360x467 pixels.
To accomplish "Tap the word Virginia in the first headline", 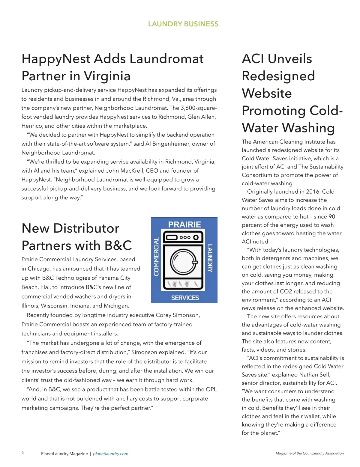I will coord(107,76).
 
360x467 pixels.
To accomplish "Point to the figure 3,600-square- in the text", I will coord(199,108).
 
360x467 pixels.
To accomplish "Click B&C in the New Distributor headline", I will coord(118,245).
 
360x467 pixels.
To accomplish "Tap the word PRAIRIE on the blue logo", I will coord(184,224).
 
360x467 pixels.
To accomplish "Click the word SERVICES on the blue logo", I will coord(185,298).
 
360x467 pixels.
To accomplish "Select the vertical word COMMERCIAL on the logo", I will coord(156,256).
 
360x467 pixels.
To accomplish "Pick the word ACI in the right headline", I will coord(253,59).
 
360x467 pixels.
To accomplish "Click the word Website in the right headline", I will coord(267,93).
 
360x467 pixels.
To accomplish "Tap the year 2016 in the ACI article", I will coord(313,192).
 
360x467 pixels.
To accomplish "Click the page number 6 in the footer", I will coord(22,452).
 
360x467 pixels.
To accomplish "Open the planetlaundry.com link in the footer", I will coord(111,454).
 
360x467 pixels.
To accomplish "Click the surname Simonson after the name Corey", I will coord(185,315).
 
